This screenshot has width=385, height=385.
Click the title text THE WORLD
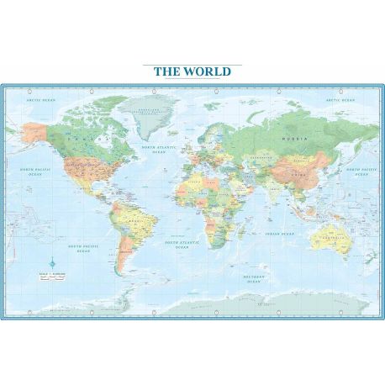pos(192,71)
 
